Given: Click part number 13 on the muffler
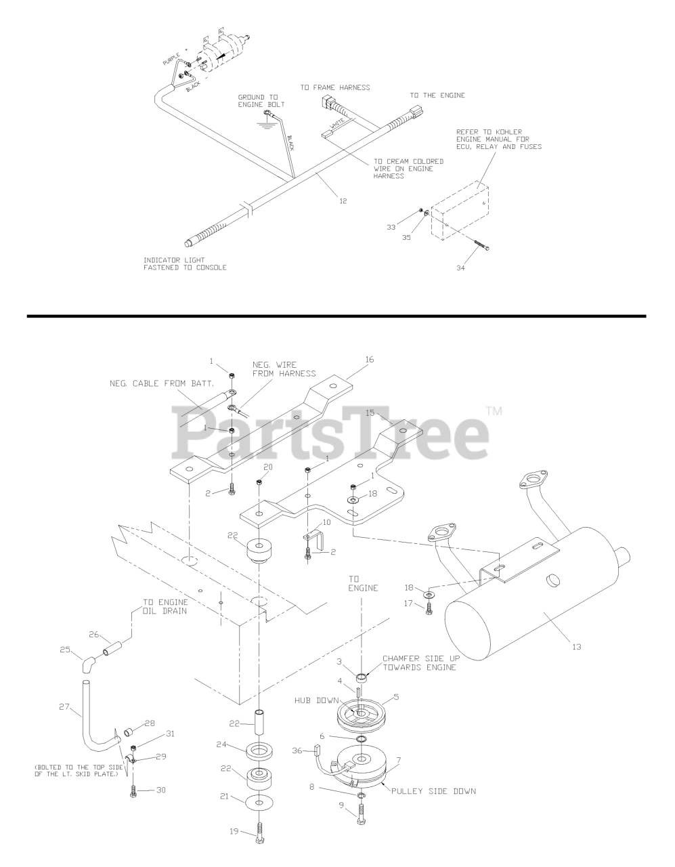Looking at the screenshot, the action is pyautogui.click(x=576, y=647).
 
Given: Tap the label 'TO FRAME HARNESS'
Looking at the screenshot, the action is pyautogui.click(x=336, y=87).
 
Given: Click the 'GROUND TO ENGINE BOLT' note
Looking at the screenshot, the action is pyautogui.click(x=261, y=101).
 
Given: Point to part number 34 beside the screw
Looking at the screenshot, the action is pyautogui.click(x=461, y=268).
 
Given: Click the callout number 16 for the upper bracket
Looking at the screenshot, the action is pyautogui.click(x=370, y=360).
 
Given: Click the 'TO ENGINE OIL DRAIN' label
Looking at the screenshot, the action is pyautogui.click(x=165, y=606).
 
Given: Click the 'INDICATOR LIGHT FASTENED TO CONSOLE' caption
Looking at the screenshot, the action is pyautogui.click(x=185, y=263).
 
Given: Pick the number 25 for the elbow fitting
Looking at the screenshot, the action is pyautogui.click(x=65, y=649).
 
